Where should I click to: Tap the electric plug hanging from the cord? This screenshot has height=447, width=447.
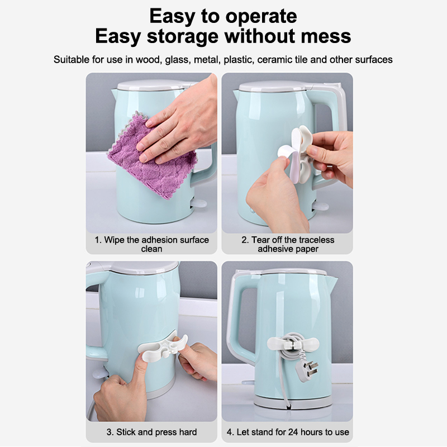coord(308,370)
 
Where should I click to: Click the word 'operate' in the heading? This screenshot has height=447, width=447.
coord(261,17)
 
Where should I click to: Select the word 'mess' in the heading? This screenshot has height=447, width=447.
coord(326,36)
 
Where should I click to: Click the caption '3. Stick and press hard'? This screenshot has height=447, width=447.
coord(151,432)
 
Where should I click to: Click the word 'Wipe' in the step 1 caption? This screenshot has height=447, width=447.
coord(115,240)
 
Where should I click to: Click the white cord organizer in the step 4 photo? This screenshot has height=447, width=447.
coord(292,344)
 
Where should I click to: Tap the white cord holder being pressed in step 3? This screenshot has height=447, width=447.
coord(163,347)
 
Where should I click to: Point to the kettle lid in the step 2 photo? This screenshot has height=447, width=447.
coord(275,86)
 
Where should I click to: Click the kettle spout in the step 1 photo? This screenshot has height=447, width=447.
coord(114,93)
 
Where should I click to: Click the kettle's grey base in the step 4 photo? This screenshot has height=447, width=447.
coord(292,401)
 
